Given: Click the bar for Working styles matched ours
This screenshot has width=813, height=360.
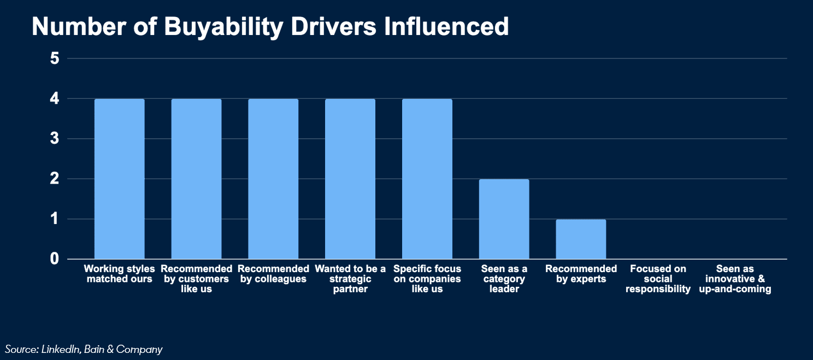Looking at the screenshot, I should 120,179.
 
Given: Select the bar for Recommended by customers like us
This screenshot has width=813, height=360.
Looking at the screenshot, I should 196,179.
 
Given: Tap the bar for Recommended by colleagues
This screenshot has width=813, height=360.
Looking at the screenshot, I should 273,179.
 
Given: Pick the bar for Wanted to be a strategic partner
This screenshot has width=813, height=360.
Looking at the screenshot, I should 350,179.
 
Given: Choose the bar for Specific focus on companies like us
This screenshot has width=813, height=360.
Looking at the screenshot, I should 427,179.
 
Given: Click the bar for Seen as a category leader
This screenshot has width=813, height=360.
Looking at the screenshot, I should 504,219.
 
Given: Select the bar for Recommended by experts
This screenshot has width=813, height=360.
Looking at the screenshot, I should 581,239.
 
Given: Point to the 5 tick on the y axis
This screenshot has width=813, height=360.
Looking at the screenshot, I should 54,58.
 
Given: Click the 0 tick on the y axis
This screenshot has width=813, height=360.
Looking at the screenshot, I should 54,259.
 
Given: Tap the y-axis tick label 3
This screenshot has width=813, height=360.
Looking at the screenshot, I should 54,139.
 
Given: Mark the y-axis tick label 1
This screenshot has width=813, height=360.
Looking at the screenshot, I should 54,219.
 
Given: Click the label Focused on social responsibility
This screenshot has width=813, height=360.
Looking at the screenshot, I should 658,279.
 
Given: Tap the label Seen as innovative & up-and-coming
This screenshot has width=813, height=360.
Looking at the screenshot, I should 735,279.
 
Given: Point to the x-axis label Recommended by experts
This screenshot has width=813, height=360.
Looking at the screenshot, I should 581,274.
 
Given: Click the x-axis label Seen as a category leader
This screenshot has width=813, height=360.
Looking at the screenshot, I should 504,279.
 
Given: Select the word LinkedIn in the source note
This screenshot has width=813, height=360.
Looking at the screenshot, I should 61,349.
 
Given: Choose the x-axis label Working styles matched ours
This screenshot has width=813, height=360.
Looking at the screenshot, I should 120,274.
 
